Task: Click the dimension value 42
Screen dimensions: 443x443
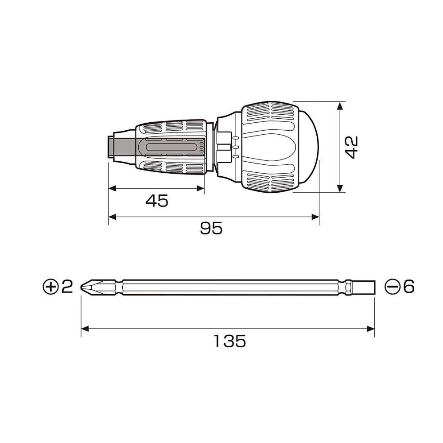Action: [x=352, y=147]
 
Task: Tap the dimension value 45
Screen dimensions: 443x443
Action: [x=157, y=201]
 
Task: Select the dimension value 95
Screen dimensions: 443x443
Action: [x=211, y=228]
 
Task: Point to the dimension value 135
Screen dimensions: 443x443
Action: [x=229, y=341]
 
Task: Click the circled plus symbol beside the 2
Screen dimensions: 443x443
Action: [x=51, y=287]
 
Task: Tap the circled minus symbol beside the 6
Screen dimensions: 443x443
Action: [x=392, y=287]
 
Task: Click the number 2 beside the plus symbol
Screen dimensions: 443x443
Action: [x=67, y=287]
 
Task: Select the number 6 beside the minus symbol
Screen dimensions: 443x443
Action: [x=409, y=287]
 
